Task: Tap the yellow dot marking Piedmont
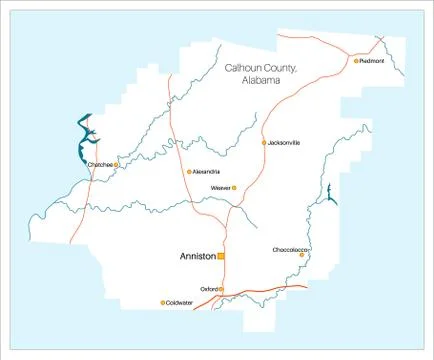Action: tap(356, 60)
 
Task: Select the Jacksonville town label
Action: tap(285, 143)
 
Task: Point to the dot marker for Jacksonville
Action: tap(264, 143)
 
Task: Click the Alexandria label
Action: tap(208, 172)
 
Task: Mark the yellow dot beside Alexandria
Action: tap(189, 172)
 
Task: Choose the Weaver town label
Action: tap(221, 188)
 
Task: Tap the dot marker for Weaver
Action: tap(236, 188)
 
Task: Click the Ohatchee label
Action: tap(100, 164)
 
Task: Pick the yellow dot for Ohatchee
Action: tap(117, 164)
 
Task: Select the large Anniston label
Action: tap(197, 256)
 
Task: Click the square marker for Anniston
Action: tap(221, 256)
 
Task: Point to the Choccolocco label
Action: tap(291, 249)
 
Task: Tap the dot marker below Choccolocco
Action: tap(302, 255)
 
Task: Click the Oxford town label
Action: tap(208, 289)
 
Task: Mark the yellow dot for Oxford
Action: tap(221, 289)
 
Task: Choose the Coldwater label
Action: tap(180, 302)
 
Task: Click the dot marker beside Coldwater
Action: tap(162, 302)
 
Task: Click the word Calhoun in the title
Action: tap(243, 68)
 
